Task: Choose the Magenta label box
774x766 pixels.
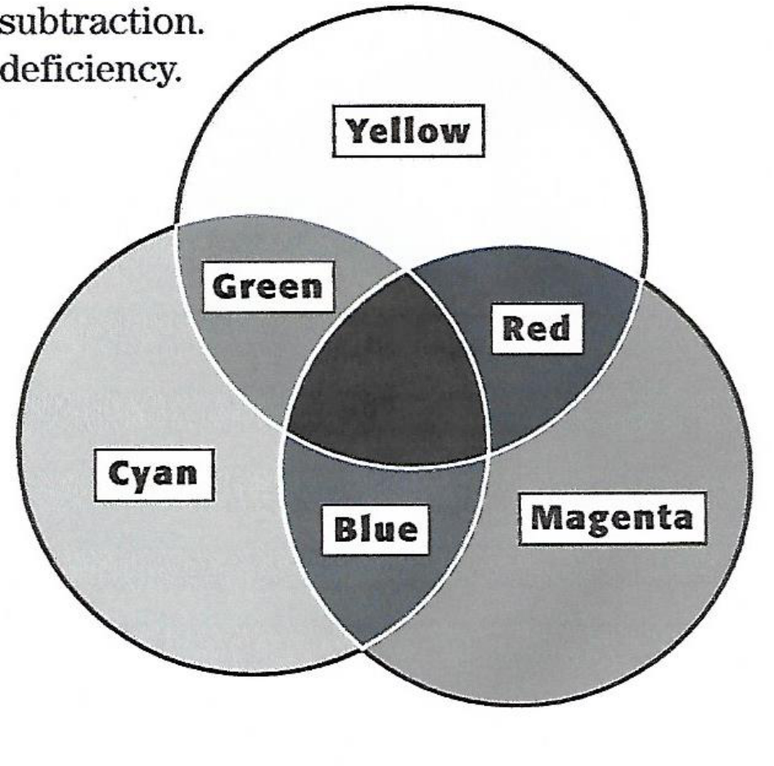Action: click(611, 517)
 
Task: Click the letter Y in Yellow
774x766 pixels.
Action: click(354, 131)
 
